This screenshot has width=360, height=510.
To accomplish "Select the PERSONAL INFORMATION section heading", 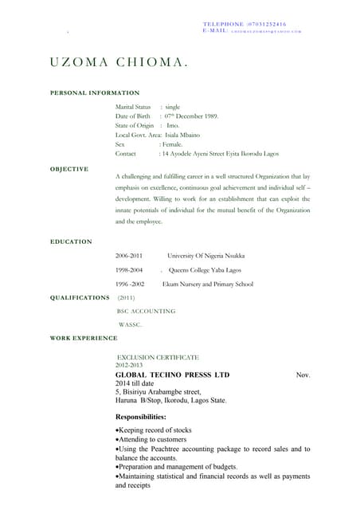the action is click(x=95, y=93).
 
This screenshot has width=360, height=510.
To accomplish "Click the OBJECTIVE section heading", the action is click(x=69, y=169).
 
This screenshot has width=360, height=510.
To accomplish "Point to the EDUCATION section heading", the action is click(x=71, y=241).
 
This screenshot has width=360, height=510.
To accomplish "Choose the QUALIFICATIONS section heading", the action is click(x=80, y=297).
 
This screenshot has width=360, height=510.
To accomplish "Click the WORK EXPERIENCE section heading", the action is click(x=84, y=339).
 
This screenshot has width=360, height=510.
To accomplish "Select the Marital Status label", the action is click(x=133, y=107).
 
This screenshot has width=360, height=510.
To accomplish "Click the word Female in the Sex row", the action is click(x=174, y=144).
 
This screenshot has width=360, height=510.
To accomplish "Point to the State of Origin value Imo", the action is click(x=173, y=126).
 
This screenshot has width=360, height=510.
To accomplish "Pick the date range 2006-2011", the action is click(x=129, y=256).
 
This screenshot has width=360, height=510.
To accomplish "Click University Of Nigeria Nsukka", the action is click(x=205, y=256).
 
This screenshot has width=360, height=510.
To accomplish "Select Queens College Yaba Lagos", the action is click(x=202, y=270).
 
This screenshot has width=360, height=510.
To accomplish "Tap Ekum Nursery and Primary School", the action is click(x=207, y=284).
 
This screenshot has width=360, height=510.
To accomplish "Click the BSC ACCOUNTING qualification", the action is click(x=147, y=311).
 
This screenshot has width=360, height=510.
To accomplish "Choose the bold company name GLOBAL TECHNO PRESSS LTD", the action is click(x=172, y=375).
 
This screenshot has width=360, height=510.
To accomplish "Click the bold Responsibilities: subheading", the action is click(x=141, y=417).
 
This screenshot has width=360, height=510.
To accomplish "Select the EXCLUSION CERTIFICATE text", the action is click(x=158, y=357).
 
